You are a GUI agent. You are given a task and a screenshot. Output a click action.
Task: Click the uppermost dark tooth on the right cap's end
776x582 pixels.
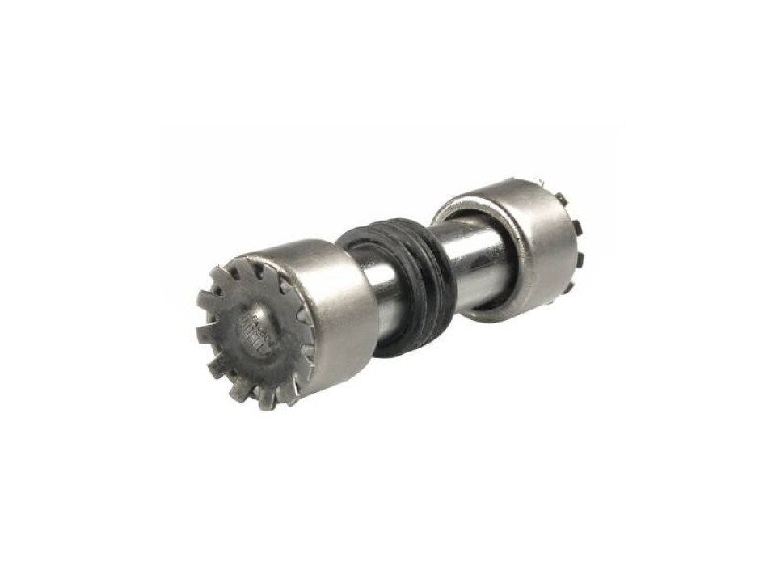coord(559,198)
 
